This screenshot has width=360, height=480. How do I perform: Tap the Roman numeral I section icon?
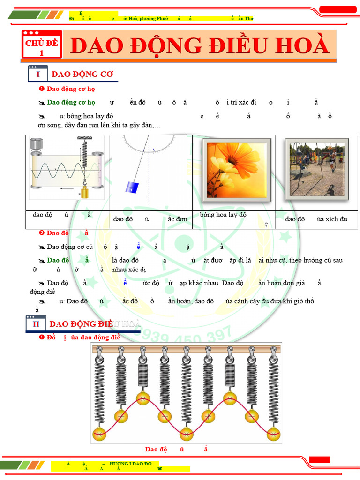click(x=37, y=74)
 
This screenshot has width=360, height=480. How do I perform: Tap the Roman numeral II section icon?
click(x=36, y=324)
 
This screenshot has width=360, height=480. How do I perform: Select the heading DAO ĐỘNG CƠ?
click(x=82, y=74)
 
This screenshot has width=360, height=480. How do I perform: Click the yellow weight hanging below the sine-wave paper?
click(x=85, y=192)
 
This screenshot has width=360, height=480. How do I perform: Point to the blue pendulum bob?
click(x=131, y=187)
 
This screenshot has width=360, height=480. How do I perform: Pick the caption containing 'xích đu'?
click(x=316, y=219)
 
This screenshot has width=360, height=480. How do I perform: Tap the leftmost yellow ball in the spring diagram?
click(x=99, y=434)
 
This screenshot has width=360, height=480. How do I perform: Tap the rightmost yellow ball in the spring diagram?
click(x=273, y=434)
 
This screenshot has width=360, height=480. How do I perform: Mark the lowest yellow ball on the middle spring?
click(x=187, y=434)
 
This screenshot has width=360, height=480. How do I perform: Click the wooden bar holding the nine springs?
click(x=187, y=349)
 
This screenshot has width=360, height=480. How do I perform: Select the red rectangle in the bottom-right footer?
click(x=320, y=460)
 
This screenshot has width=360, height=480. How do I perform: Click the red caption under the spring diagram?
click(x=176, y=449)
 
